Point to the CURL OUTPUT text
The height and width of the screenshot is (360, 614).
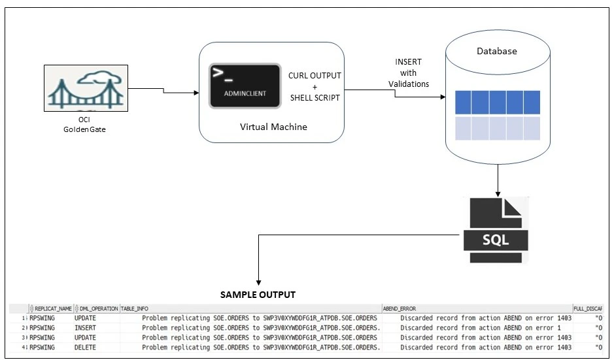point(315,75)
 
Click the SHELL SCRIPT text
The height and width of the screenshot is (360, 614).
point(315,97)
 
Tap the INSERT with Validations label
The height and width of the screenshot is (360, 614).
point(408,73)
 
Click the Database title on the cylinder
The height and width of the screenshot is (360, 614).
point(496,51)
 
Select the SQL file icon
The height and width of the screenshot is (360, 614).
point(496,229)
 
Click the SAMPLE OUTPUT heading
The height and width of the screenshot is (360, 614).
point(257,295)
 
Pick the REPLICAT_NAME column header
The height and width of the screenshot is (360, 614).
point(53,308)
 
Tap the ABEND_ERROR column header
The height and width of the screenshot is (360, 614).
point(399,308)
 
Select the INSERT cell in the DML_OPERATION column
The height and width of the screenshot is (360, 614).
point(85,328)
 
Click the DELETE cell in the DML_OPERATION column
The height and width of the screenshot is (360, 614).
point(85,348)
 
